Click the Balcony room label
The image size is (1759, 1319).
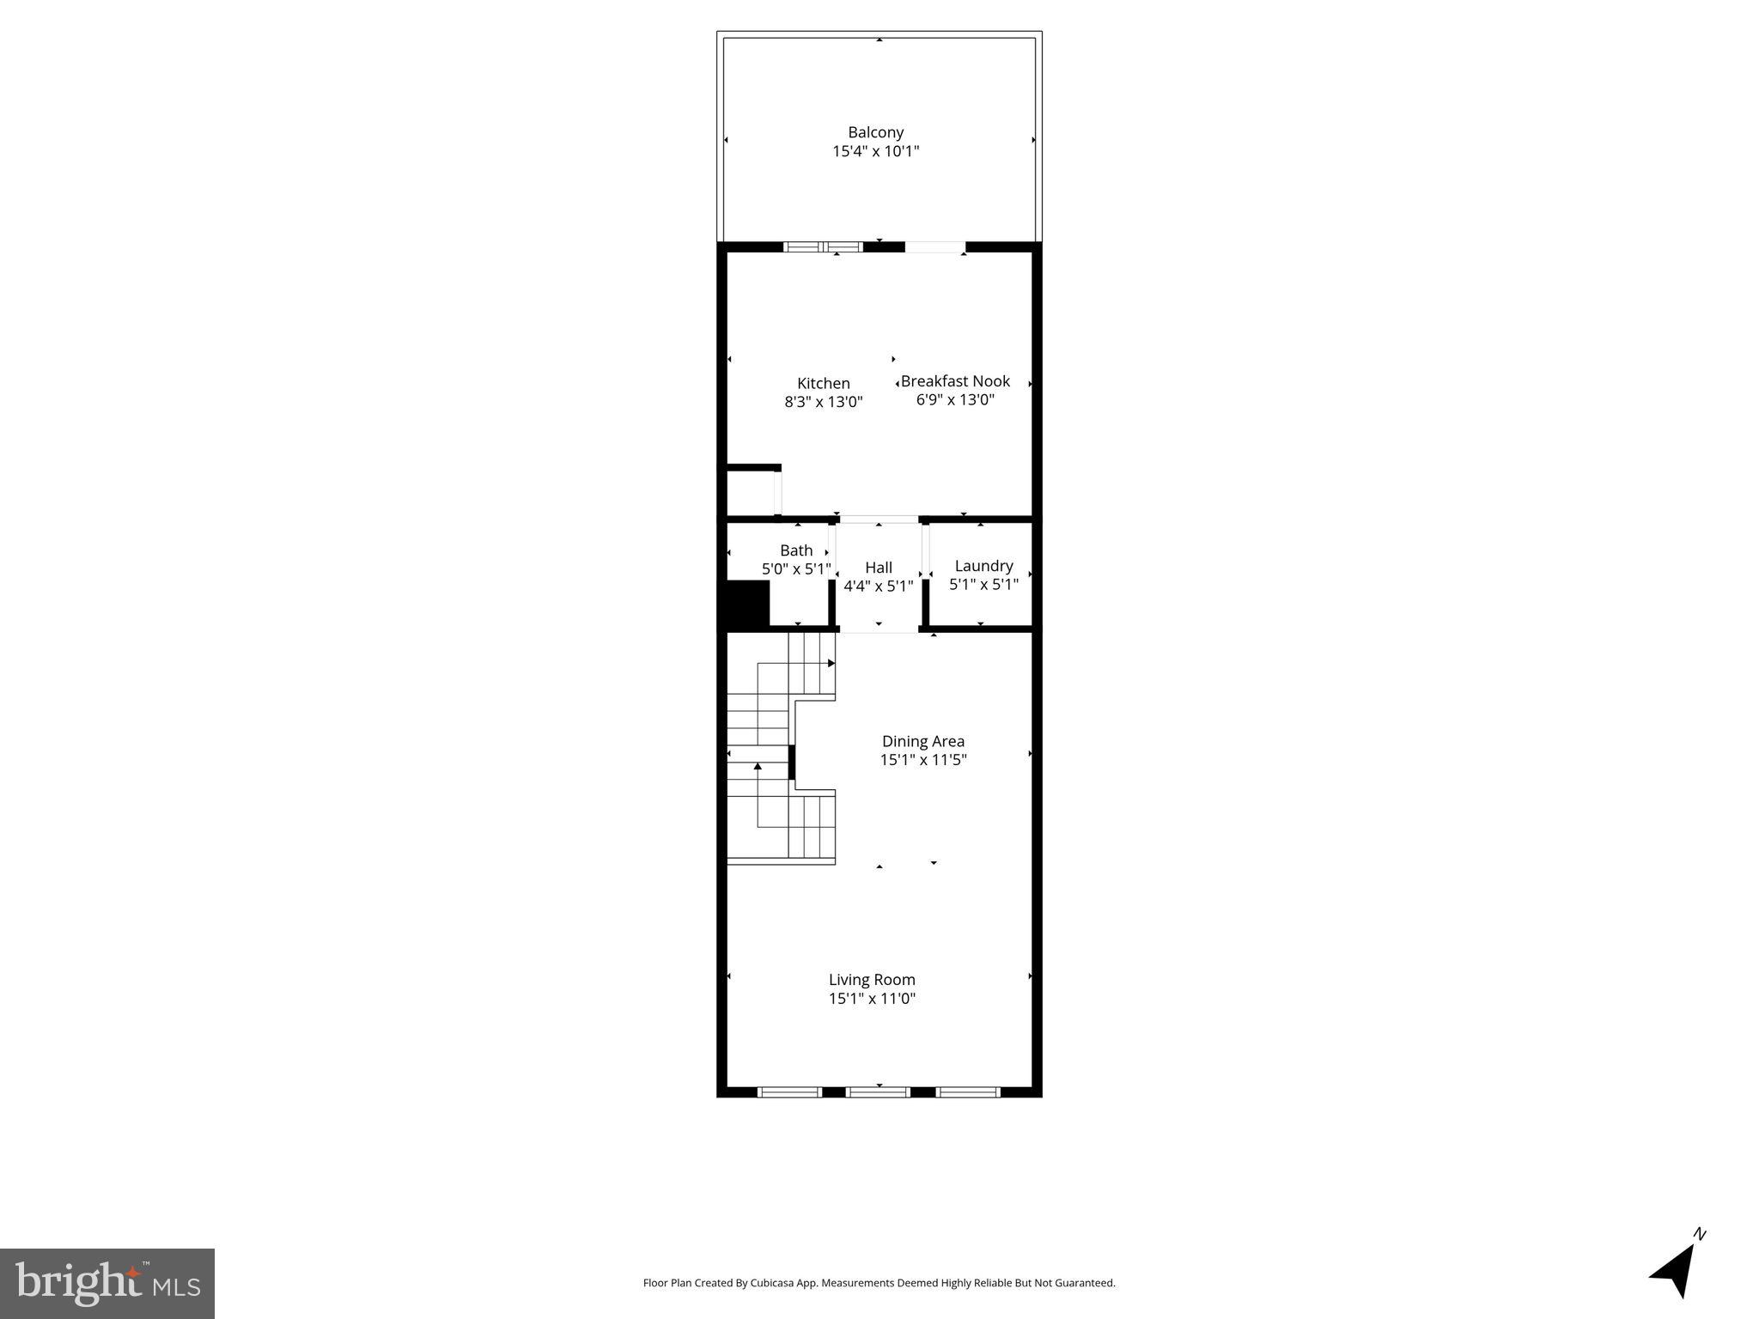point(875,132)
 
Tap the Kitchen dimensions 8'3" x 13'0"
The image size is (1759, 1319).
point(823,402)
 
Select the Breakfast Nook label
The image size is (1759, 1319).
point(955,380)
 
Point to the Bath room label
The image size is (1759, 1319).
point(796,550)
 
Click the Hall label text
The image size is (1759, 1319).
point(878,568)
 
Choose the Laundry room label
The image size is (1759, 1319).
point(983,566)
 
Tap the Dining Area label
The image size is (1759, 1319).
point(922,741)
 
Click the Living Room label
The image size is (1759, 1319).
point(872,980)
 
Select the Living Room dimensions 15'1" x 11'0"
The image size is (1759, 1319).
point(872,999)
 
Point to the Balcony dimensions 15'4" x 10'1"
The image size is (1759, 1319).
point(875,152)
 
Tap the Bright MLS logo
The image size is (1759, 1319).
point(107,1284)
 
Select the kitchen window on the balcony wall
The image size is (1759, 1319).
point(823,247)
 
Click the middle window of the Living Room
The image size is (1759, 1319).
point(878,1092)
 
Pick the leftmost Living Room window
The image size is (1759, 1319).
point(789,1092)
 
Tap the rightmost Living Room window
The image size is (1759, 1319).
point(967,1092)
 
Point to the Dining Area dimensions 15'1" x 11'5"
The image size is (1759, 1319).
point(922,760)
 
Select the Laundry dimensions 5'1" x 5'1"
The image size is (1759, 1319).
point(983,585)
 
